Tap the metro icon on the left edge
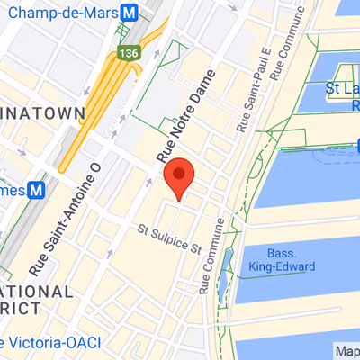[37, 191]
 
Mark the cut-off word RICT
[20, 308]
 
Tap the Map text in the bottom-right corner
[345, 350]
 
